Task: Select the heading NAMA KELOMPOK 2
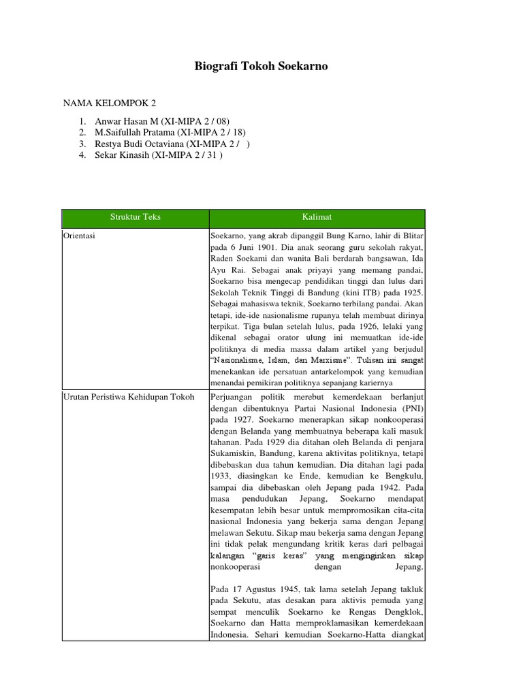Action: [110, 103]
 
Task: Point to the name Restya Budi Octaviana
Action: [140, 144]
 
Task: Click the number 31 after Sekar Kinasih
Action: [210, 155]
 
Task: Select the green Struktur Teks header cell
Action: [136, 217]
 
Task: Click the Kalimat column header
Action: [317, 217]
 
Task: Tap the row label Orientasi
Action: [79, 236]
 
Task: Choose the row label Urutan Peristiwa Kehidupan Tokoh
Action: [129, 397]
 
